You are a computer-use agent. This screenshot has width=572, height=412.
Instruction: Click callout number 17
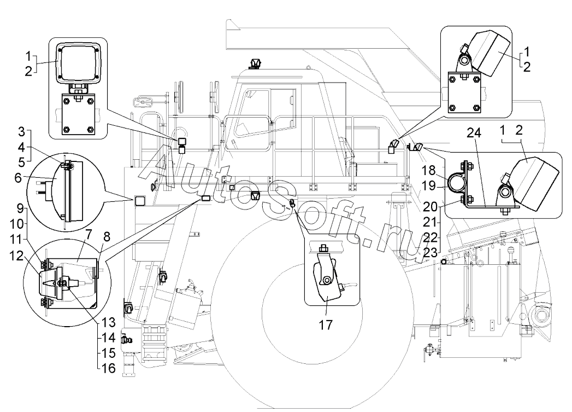coord(325,324)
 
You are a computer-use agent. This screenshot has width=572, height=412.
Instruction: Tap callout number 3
coord(21,132)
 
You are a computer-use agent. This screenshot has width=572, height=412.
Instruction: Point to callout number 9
coord(21,209)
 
